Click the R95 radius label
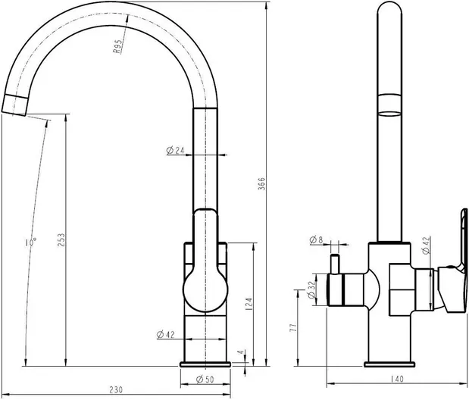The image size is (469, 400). point(117,47)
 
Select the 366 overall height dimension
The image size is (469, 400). point(261,183)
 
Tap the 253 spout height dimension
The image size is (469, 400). point(61,240)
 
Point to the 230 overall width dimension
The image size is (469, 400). point(116,390)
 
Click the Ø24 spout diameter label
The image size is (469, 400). point(175,151)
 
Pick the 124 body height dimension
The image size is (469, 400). point(249,304)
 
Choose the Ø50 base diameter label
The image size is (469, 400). point(205,380)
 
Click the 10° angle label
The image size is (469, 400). point(31,242)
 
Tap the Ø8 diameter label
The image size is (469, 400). point(317,239)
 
